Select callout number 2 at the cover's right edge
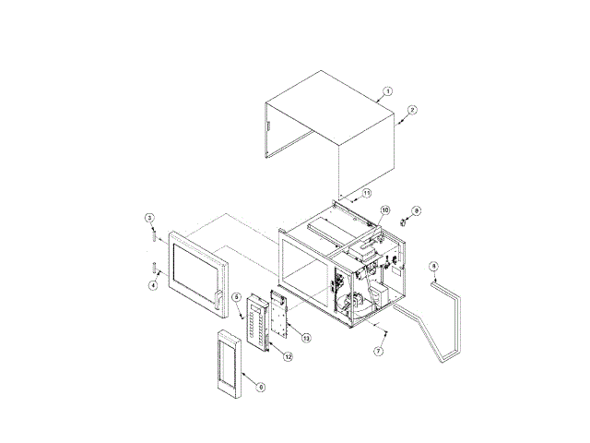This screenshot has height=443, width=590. coord(412,110)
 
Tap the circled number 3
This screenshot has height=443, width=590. coord(149,218)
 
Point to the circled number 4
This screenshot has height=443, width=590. coord(153,285)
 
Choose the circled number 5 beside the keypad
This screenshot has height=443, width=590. coord(237,297)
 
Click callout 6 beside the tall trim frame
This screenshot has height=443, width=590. coord(260,387)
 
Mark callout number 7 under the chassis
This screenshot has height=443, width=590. coord(378,352)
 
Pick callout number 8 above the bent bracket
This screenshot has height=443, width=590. coord(434,267)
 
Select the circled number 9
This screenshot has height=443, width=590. coord(416,211)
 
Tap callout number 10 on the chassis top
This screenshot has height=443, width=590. coord(384,210)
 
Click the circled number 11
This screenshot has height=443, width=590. coord(366,193)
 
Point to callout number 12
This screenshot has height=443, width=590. coord(288,356)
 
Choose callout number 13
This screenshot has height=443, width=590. coord(306,338)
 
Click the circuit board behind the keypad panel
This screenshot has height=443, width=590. coord(279,314)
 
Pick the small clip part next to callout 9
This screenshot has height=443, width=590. coord(404,221)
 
